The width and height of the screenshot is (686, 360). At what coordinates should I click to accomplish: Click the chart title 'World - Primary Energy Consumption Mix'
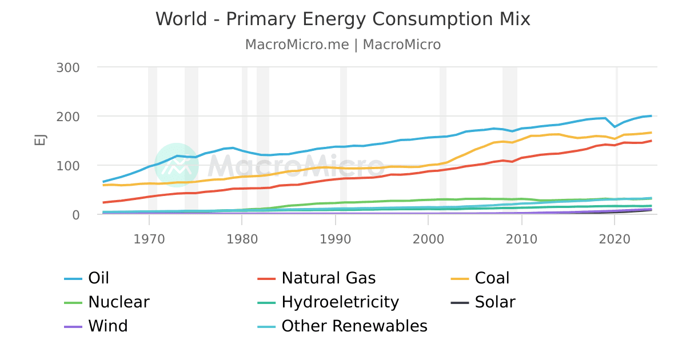(343, 19)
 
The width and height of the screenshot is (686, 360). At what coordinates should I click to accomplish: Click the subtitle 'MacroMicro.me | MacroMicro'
(343, 45)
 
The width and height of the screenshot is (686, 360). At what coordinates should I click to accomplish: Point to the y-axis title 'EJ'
(41, 141)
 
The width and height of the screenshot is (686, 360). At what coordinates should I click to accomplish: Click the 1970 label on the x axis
(149, 238)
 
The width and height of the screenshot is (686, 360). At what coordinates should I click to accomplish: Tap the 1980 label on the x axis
(242, 238)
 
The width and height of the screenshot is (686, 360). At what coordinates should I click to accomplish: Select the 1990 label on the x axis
(335, 238)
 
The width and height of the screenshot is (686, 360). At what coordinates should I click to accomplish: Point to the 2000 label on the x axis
(428, 238)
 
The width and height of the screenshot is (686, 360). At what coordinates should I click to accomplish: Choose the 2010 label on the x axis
(521, 238)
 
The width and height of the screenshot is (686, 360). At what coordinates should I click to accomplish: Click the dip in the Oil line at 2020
(615, 126)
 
